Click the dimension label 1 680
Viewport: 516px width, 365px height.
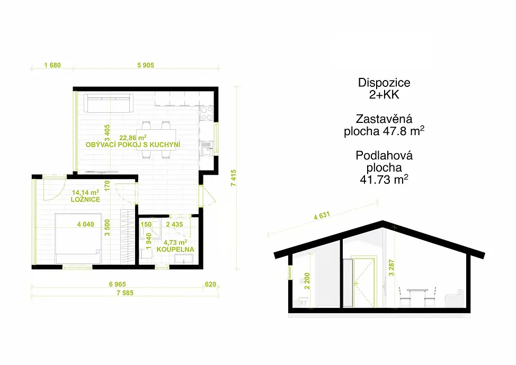52,65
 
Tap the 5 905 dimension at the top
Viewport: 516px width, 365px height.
146,65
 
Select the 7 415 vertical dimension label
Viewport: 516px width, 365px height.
233,178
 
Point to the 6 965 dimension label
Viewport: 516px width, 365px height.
118,284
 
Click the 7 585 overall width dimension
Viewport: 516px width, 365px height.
125,292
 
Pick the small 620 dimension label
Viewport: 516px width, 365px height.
210,284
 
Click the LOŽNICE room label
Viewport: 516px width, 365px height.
85,199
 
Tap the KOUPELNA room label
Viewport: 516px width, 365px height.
175,250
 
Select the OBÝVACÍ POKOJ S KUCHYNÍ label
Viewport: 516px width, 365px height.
133,145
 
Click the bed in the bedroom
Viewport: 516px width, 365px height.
78,238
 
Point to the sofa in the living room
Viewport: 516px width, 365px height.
109,103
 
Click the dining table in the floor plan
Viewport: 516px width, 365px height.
156,139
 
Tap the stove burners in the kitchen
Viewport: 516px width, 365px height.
206,113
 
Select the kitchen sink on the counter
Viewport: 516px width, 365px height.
206,148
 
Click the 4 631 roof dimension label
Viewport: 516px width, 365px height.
322,216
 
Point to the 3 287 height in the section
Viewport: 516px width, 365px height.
392,267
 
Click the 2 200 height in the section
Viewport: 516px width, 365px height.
307,281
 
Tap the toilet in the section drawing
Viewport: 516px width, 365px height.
304,301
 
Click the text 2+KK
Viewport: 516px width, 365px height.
384,95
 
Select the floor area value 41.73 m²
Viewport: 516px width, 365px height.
384,180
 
